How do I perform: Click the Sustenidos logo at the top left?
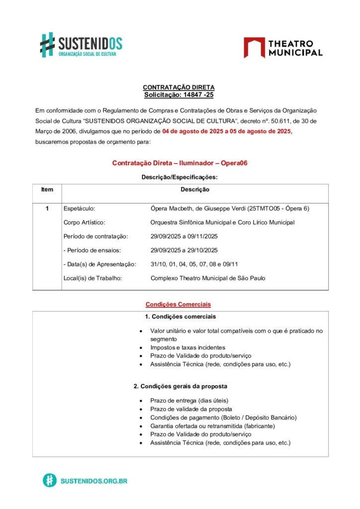click(x=81, y=45)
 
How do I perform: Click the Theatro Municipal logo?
click(x=283, y=47)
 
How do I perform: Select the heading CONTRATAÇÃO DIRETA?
click(x=179, y=87)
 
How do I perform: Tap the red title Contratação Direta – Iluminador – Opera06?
click(x=180, y=163)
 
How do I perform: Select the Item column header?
click(x=47, y=189)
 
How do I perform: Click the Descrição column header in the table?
click(x=195, y=189)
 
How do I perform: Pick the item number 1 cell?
click(x=47, y=208)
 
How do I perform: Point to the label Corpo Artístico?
click(x=85, y=222)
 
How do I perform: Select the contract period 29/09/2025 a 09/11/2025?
click(x=184, y=236)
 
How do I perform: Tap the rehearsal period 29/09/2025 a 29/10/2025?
click(x=184, y=250)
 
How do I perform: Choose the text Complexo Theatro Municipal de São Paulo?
click(x=208, y=278)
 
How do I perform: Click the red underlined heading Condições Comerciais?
click(x=178, y=304)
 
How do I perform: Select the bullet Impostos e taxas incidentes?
click(x=187, y=347)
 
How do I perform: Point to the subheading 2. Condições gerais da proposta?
click(x=180, y=386)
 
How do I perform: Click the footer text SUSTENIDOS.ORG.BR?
click(x=94, y=481)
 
